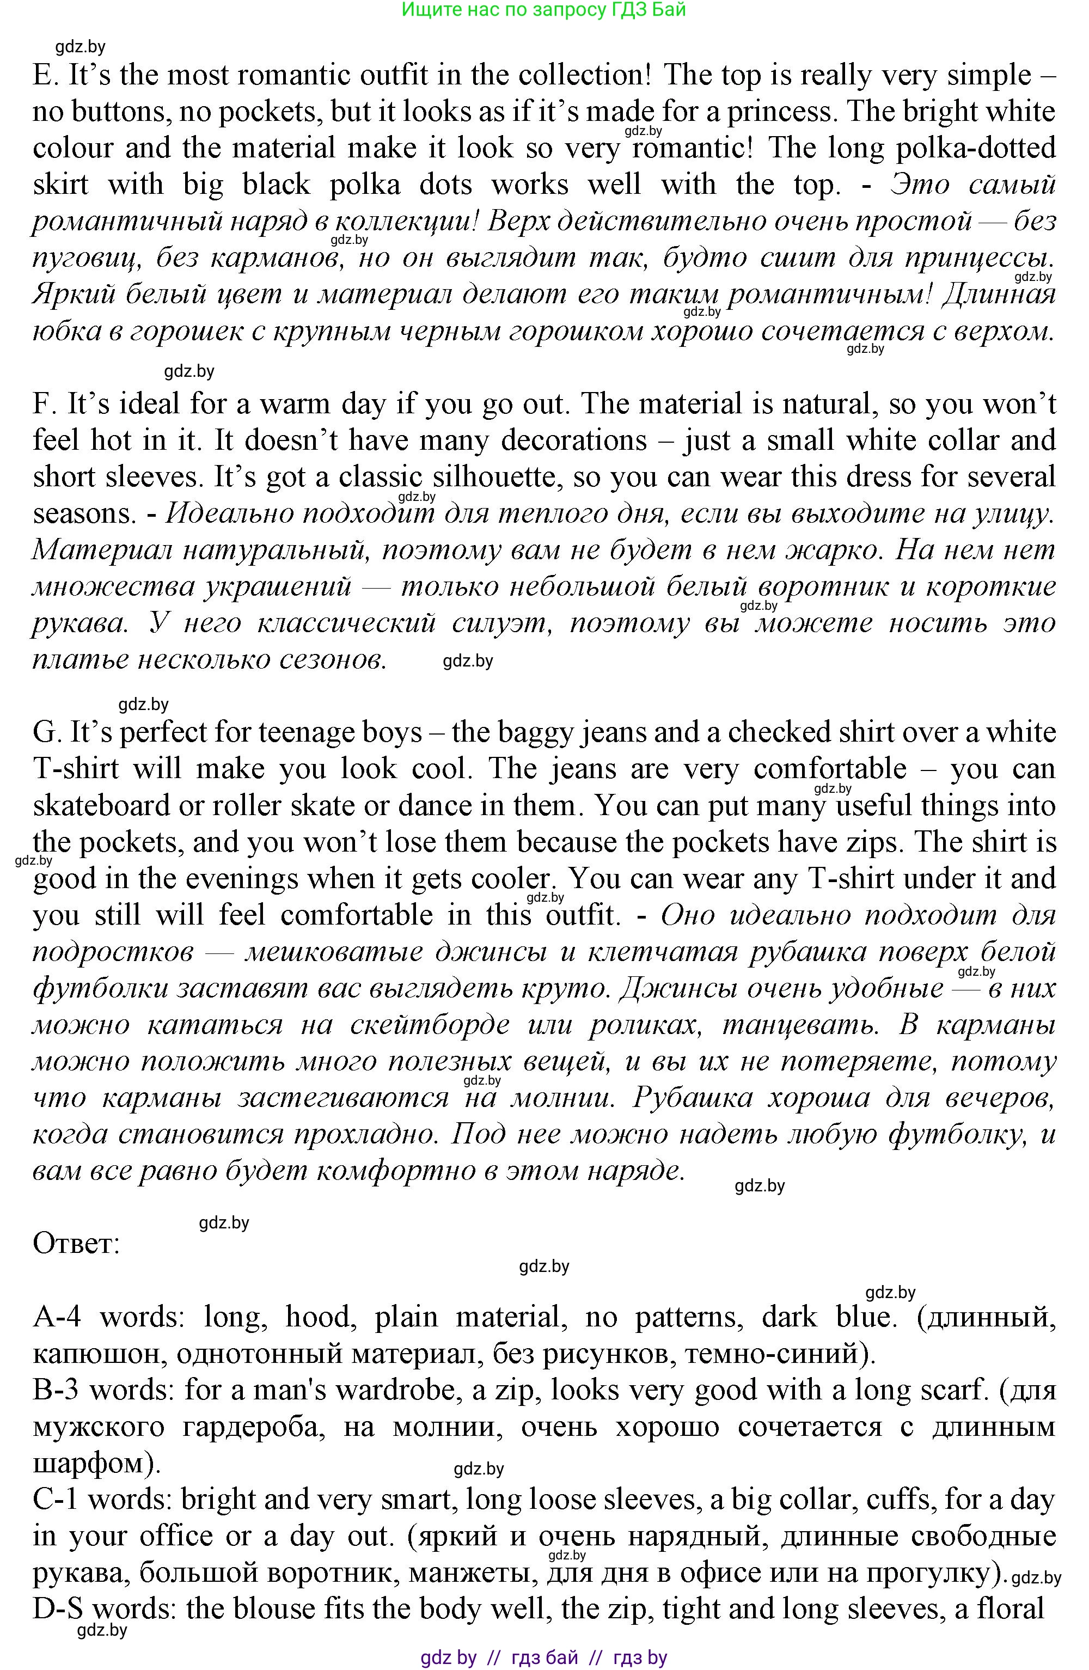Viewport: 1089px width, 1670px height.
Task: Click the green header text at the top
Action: coord(544,10)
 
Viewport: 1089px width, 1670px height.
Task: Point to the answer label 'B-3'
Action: coord(56,1390)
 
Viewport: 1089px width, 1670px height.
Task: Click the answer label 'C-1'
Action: coord(56,1499)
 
